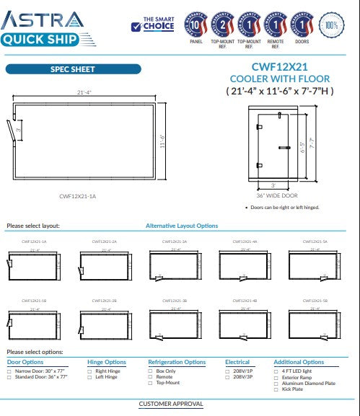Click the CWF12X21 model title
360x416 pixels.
click(x=279, y=68)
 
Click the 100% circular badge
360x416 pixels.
click(x=331, y=25)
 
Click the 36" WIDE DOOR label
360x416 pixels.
click(x=276, y=195)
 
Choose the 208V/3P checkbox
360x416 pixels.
click(x=227, y=377)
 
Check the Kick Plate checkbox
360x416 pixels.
click(x=276, y=389)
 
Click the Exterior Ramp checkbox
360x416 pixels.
click(x=276, y=377)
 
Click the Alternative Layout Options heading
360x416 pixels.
click(x=182, y=226)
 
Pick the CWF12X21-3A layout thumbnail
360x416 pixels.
click(x=175, y=265)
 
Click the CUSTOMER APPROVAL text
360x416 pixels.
click(x=171, y=404)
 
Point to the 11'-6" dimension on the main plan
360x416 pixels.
click(x=162, y=141)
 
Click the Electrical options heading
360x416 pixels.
click(x=237, y=362)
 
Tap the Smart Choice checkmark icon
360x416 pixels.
click(x=136, y=27)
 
